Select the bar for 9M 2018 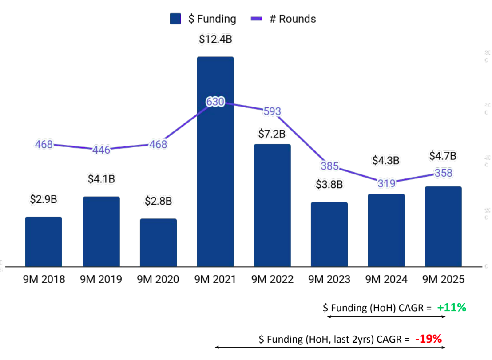click(x=43, y=241)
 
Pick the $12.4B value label click(x=215, y=40)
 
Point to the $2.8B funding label click(x=158, y=201)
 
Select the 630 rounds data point click(x=215, y=102)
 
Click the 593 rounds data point click(x=272, y=111)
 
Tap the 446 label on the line click(x=101, y=150)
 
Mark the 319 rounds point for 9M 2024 click(x=386, y=182)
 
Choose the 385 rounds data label click(x=329, y=166)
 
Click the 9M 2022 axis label click(x=272, y=280)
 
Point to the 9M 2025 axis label click(x=443, y=280)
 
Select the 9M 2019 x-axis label click(x=101, y=280)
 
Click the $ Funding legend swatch click(x=176, y=19)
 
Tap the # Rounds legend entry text click(x=293, y=19)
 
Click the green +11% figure click(x=451, y=307)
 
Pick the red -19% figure click(x=429, y=340)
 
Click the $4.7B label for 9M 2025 click(x=443, y=156)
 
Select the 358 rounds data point click(x=443, y=173)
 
